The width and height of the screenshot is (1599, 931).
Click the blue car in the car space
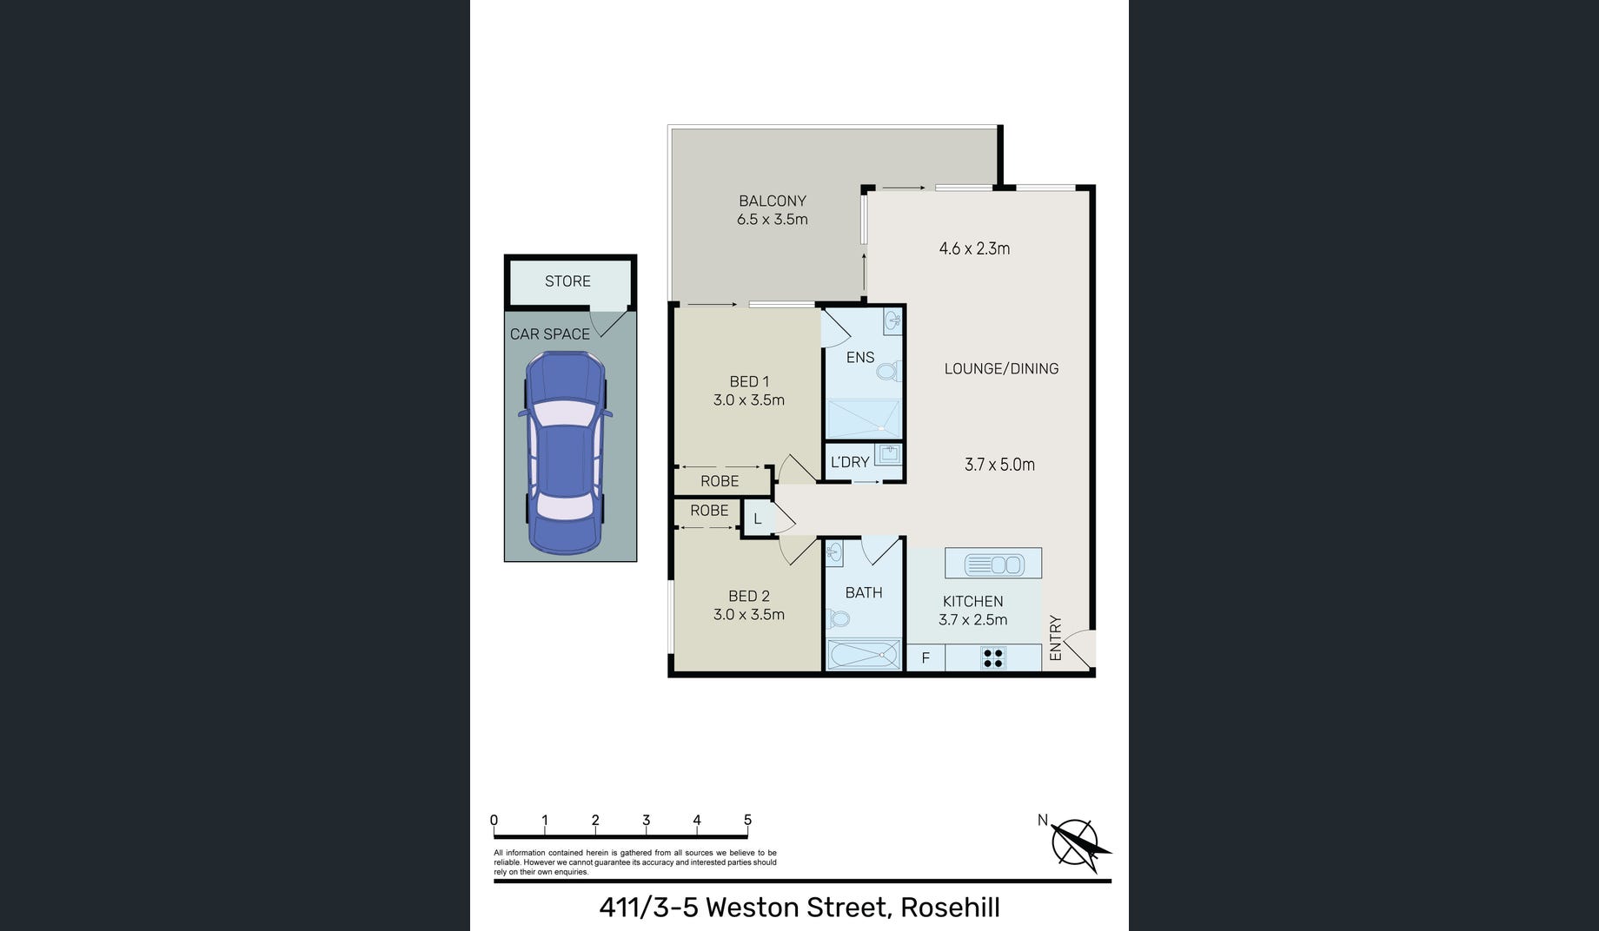coord(565,452)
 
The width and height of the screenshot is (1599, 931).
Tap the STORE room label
coord(567,281)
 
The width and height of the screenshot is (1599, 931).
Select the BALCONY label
coord(773,201)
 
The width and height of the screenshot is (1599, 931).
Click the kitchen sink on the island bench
coord(992,565)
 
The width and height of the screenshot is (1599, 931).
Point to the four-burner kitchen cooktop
coord(993,658)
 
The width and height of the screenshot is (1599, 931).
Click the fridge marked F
coord(926,658)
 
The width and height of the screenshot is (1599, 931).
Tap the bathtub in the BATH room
coord(864,655)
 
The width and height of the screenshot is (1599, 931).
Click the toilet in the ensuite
coord(887,373)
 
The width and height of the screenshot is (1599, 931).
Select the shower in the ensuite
coord(863,419)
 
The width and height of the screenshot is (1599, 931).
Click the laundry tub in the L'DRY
coord(887,455)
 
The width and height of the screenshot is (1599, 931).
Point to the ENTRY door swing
coord(1077,648)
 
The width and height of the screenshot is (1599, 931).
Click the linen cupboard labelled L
coord(758,519)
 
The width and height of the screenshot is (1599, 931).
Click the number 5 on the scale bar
coord(747,820)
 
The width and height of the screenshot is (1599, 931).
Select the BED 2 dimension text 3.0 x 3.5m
coord(749,615)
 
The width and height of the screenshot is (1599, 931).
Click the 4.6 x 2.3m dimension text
coord(974,248)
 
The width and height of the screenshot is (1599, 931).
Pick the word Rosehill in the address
coord(950,908)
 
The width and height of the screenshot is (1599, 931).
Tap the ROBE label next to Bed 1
coord(720,481)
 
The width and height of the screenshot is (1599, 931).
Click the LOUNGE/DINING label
coord(1001,369)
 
